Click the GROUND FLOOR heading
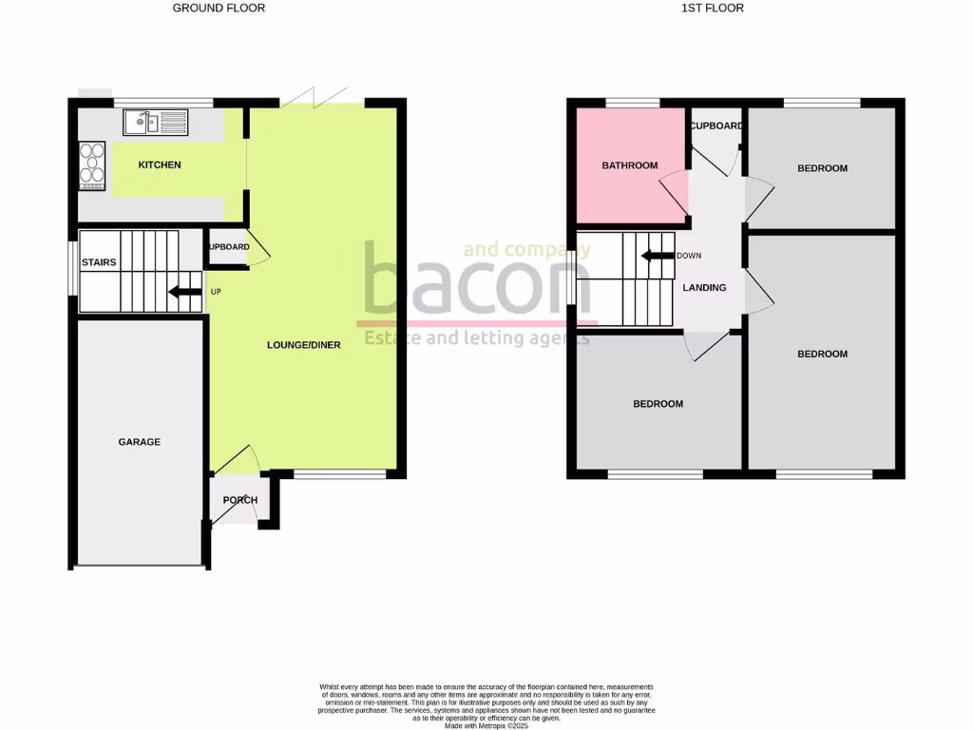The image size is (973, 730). click(219, 8)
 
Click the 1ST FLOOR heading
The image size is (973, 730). click(713, 8)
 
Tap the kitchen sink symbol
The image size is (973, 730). click(156, 122)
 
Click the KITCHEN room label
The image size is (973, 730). click(160, 165)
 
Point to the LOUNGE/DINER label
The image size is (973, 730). click(303, 345)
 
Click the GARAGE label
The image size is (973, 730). click(139, 442)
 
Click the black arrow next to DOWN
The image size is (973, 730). click(657, 256)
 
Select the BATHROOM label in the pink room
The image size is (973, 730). click(629, 165)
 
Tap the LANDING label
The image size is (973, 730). click(705, 288)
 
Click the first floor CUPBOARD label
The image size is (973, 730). click(716, 126)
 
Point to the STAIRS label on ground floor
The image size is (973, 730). click(99, 262)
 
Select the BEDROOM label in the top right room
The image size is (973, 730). click(822, 168)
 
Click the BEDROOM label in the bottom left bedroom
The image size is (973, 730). click(658, 404)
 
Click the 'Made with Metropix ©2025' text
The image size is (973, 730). click(486, 725)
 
